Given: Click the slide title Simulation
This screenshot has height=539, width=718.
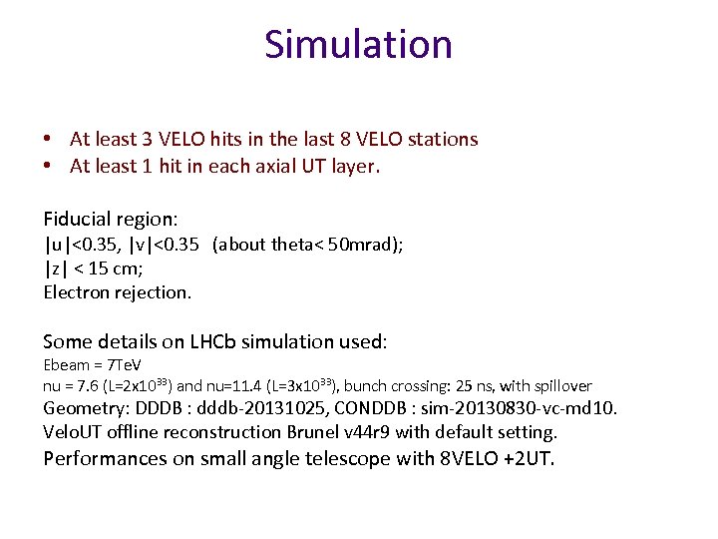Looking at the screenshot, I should point(358,44).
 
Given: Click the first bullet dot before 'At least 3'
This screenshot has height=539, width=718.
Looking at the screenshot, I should point(48,139).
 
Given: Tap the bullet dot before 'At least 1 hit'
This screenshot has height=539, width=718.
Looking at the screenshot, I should point(48,167).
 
